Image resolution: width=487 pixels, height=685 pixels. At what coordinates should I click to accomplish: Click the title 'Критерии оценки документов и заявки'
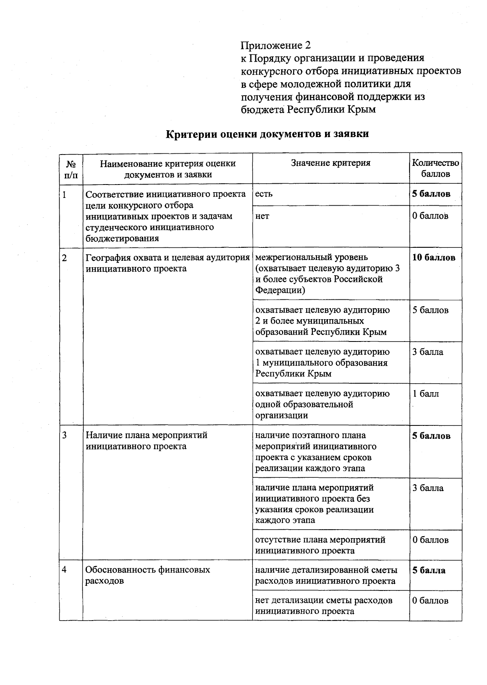(x=267, y=134)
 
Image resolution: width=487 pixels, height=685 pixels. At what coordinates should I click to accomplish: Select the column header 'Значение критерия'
(x=330, y=163)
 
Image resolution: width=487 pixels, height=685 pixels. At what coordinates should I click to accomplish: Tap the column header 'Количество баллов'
(x=435, y=168)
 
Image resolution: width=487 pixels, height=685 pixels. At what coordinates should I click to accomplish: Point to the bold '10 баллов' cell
(x=433, y=258)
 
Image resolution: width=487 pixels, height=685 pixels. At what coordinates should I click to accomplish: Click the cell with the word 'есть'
(x=264, y=194)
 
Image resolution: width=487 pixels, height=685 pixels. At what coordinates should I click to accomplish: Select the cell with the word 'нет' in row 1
(x=262, y=216)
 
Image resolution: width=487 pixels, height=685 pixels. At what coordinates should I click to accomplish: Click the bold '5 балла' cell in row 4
(x=429, y=570)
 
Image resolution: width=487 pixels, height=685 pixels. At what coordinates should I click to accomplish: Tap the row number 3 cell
(x=65, y=435)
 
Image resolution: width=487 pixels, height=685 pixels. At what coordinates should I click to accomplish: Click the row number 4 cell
(x=65, y=569)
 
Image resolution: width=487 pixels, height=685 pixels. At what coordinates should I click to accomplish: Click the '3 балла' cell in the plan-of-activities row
(x=428, y=488)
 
